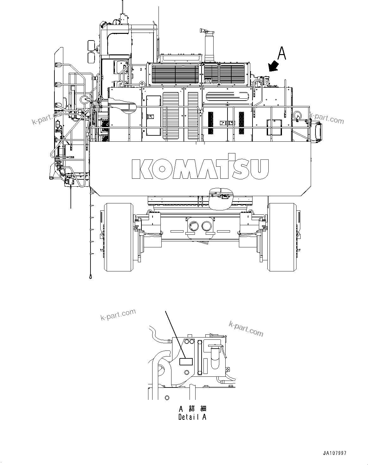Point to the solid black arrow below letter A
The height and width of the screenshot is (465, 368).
[273, 67]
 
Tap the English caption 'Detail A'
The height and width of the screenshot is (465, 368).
[192, 417]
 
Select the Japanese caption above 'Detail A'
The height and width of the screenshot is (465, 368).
[192, 408]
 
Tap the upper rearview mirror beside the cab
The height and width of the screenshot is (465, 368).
[91, 45]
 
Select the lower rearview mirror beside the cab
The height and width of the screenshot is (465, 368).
[91, 58]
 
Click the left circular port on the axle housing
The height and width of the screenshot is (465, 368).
[193, 226]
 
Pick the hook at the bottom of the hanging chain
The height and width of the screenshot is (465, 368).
[91, 277]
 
